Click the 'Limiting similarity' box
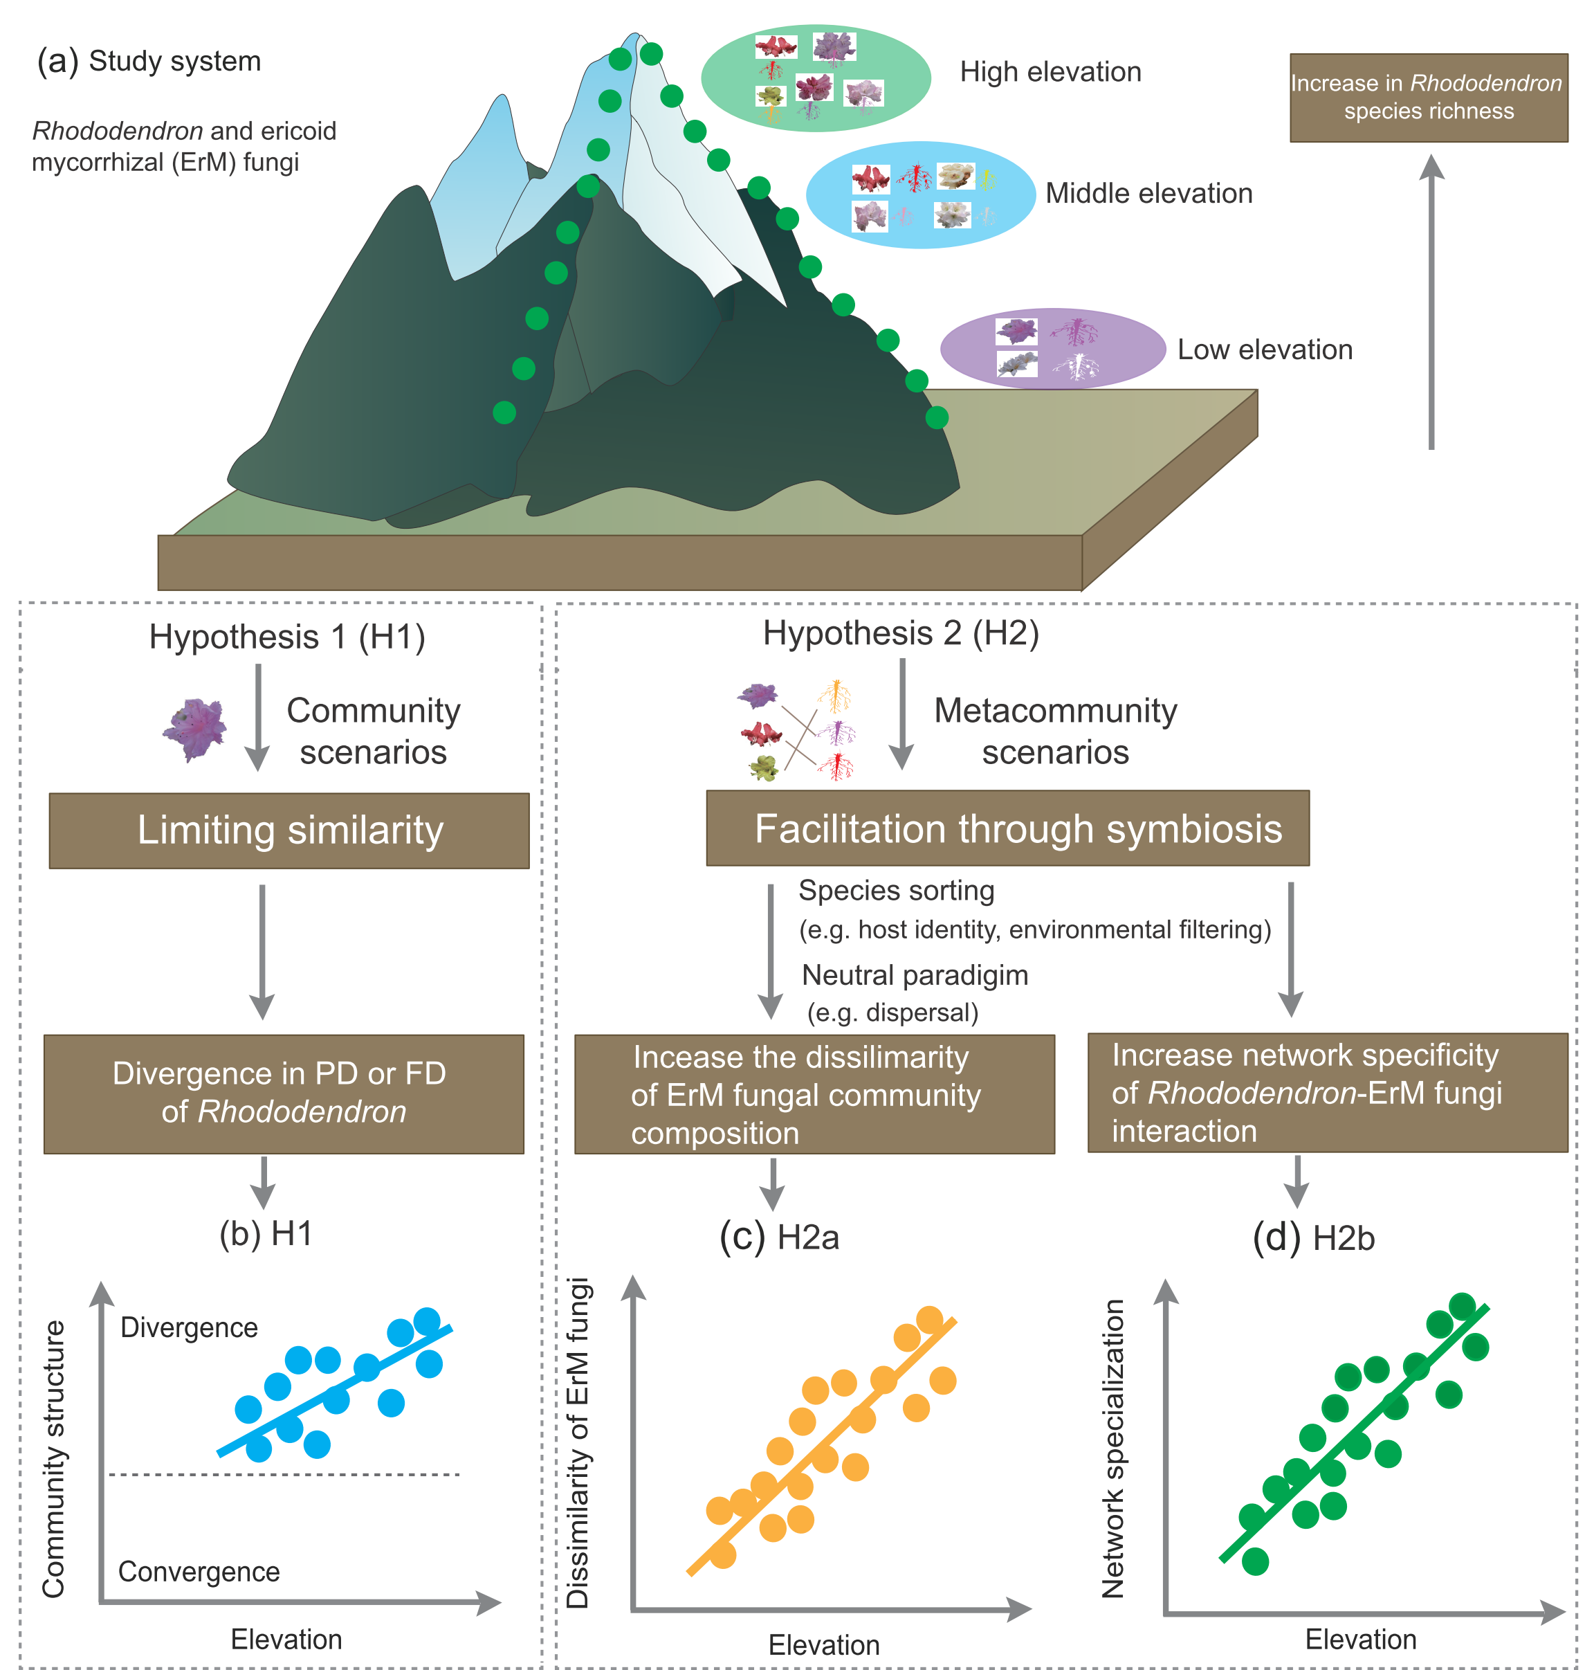pyautogui.click(x=289, y=831)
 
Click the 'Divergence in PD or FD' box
pyautogui.click(x=283, y=1093)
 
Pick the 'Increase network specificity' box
pyautogui.click(x=1326, y=1092)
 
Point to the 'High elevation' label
pyautogui.click(x=1050, y=72)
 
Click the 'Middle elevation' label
pyautogui.click(x=1148, y=194)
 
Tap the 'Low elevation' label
pyautogui.click(x=1264, y=350)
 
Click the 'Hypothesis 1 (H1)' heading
pyautogui.click(x=287, y=637)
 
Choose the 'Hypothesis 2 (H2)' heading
pyautogui.click(x=901, y=633)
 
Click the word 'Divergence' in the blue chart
pyautogui.click(x=189, y=1327)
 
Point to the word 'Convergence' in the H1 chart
pyautogui.click(x=199, y=1572)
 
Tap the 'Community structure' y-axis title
pyautogui.click(x=53, y=1458)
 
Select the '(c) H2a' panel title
pyautogui.click(x=778, y=1237)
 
